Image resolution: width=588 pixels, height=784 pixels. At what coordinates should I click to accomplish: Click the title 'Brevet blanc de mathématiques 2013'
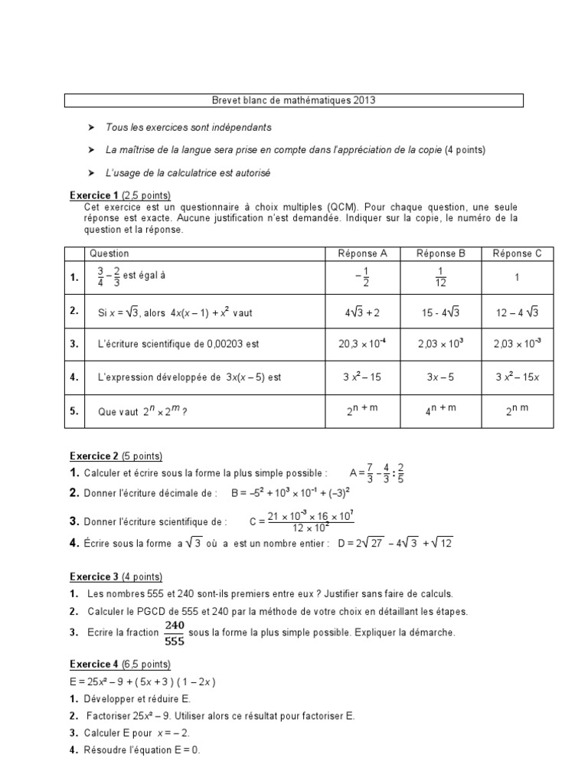pos(293,100)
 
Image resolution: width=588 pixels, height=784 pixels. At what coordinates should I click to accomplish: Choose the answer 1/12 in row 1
pos(440,277)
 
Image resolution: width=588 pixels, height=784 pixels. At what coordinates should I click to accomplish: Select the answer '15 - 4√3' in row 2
pos(440,312)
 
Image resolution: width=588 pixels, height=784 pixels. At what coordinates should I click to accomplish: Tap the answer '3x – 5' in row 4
pos(440,377)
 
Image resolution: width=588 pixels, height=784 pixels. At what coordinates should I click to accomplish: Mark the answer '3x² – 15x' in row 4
pos(517,377)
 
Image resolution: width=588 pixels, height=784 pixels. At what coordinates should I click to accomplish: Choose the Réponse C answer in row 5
pos(517,410)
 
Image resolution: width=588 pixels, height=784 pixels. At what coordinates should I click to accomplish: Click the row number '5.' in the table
pos(75,410)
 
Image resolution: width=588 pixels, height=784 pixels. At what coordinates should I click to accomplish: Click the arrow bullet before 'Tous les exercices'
pos(91,127)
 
